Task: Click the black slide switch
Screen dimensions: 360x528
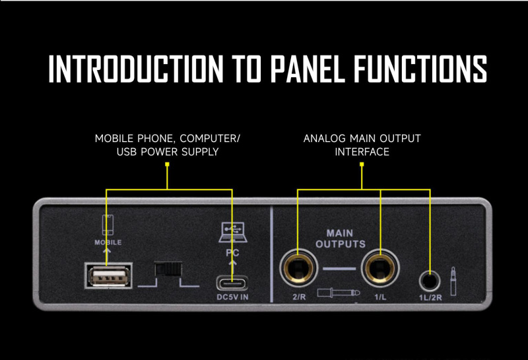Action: click(x=168, y=270)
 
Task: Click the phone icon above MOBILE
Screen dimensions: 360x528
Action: click(x=107, y=225)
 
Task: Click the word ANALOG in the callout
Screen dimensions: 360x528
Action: click(x=324, y=139)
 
